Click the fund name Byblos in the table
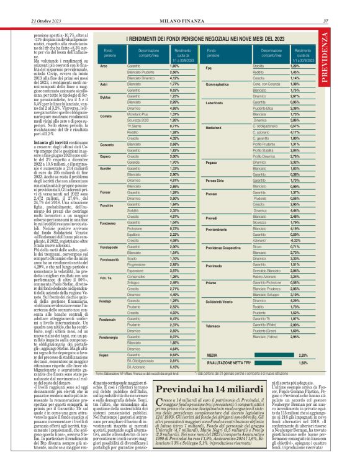click(x=105, y=97)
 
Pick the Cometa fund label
click(x=106, y=133)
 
